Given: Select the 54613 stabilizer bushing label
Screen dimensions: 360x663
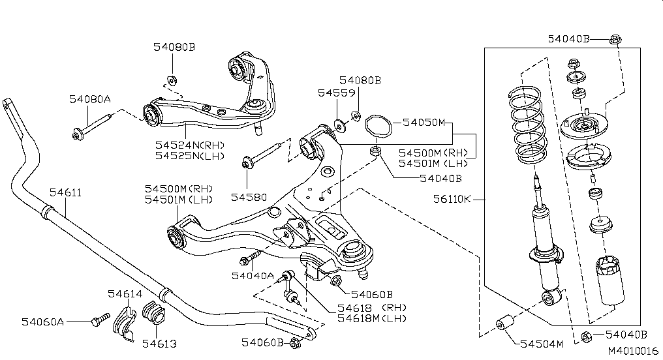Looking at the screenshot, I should point(160,343).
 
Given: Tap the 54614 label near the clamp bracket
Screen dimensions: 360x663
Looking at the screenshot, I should point(125,294).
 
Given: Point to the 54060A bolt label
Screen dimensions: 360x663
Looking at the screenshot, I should point(42,322).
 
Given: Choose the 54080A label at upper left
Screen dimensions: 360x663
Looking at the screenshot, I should point(90,99).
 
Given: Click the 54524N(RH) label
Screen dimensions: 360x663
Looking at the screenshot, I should point(190,145).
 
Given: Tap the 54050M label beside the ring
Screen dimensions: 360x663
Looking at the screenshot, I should point(424,123).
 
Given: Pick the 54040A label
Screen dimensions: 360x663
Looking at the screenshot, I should point(253,276).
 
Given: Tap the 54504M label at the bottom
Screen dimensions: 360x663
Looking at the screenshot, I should point(541,344).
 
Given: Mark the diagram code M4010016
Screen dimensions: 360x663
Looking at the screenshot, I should point(633,351).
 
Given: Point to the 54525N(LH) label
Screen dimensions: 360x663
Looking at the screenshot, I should point(190,156).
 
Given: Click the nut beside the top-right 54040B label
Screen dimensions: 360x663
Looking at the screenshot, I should point(615,40).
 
